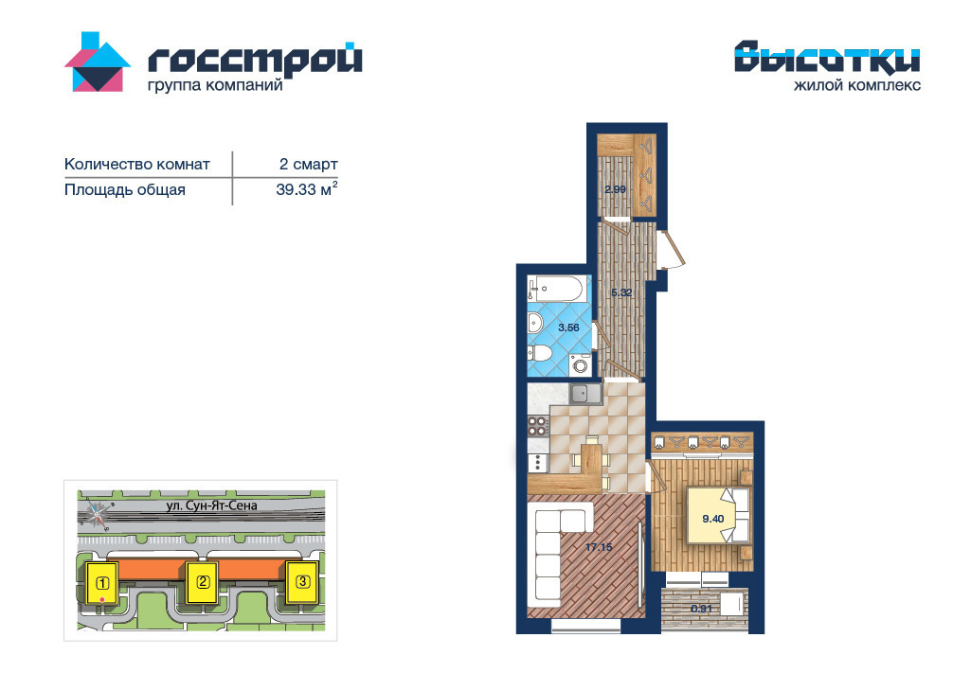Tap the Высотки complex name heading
coord(827,57)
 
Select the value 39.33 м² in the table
coord(306,189)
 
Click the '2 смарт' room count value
coord(308,164)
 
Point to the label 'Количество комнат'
coord(137,164)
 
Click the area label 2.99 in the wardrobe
coord(615,189)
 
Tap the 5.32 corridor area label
coord(621,292)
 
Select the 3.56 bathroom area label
coord(569,328)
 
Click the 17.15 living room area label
coord(599,547)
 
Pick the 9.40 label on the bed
coord(713,519)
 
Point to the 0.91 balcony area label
coord(701,609)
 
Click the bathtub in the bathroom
coord(557,289)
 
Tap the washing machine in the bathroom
coord(581,365)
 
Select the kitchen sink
coord(585,394)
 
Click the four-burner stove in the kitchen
coord(538,425)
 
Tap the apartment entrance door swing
coord(672,248)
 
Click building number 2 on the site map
coord(203,582)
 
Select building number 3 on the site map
coord(302,581)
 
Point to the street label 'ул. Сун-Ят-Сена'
coord(211,505)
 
